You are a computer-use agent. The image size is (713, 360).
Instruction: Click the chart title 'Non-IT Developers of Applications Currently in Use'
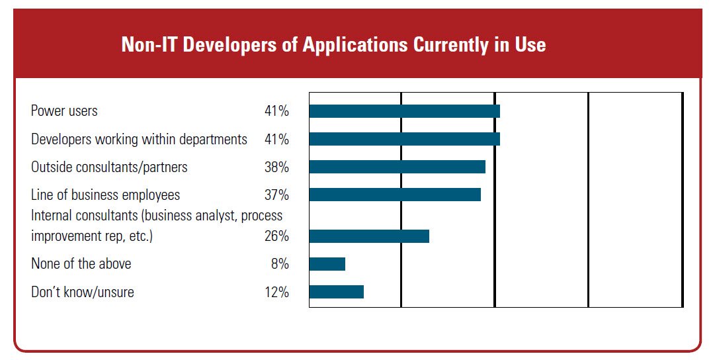point(333,44)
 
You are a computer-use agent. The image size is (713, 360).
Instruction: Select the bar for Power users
point(405,111)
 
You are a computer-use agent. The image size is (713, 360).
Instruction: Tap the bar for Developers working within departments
point(405,139)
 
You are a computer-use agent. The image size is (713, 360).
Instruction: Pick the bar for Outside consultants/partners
point(398,167)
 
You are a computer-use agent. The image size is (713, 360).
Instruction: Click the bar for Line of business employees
point(395,195)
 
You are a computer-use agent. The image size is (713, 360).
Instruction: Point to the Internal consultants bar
point(369,236)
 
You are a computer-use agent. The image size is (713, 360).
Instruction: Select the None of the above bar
point(327,264)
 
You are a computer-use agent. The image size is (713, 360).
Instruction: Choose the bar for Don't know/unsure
point(337,292)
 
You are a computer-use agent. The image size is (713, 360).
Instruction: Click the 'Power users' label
point(64,111)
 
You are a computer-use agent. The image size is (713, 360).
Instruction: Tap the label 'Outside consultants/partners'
point(109,167)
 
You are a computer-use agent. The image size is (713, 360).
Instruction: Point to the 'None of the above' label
point(81,264)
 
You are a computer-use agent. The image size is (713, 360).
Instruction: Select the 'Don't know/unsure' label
point(82,292)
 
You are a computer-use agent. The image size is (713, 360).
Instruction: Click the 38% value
point(276,167)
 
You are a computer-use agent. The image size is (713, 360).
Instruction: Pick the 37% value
point(276,195)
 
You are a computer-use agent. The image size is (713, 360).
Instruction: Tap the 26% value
point(276,236)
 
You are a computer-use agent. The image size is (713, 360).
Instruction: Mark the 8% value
point(280,264)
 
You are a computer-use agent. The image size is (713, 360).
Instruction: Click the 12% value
point(276,292)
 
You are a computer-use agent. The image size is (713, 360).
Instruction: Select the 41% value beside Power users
point(276,111)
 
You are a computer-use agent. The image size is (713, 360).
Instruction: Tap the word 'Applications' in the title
point(355,45)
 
